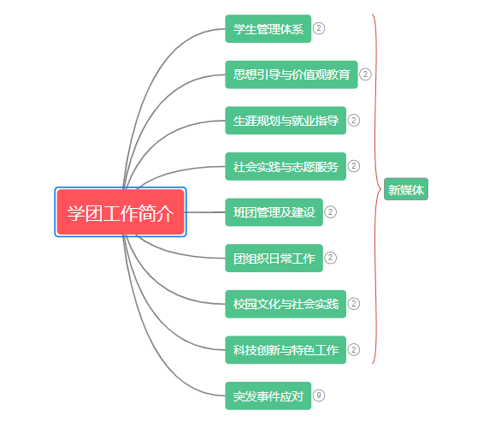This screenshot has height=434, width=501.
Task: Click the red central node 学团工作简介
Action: click(x=121, y=212)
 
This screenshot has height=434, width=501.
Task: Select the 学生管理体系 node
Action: click(x=268, y=28)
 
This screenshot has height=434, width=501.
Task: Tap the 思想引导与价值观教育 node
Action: click(x=292, y=74)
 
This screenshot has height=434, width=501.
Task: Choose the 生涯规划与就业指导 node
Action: click(x=286, y=120)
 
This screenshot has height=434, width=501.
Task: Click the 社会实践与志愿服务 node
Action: click(x=286, y=166)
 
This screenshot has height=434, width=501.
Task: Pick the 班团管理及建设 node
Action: click(x=274, y=212)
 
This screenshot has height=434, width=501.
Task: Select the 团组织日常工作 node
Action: click(x=274, y=259)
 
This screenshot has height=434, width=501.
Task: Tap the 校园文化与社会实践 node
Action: click(x=286, y=304)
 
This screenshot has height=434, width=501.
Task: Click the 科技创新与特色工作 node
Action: click(x=286, y=350)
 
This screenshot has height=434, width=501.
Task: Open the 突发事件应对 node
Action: click(x=268, y=395)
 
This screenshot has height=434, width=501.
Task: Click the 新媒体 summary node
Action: click(x=406, y=189)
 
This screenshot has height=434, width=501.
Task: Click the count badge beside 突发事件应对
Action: click(x=319, y=395)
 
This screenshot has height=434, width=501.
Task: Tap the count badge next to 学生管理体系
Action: click(x=319, y=28)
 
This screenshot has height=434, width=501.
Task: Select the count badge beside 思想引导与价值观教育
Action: click(x=365, y=74)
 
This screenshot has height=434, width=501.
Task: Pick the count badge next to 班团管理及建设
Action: click(x=330, y=211)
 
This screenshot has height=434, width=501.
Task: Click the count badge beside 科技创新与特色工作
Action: click(x=354, y=349)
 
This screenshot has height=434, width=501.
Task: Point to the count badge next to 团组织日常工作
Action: click(x=330, y=258)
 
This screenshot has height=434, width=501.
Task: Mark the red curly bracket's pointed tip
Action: click(x=380, y=189)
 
